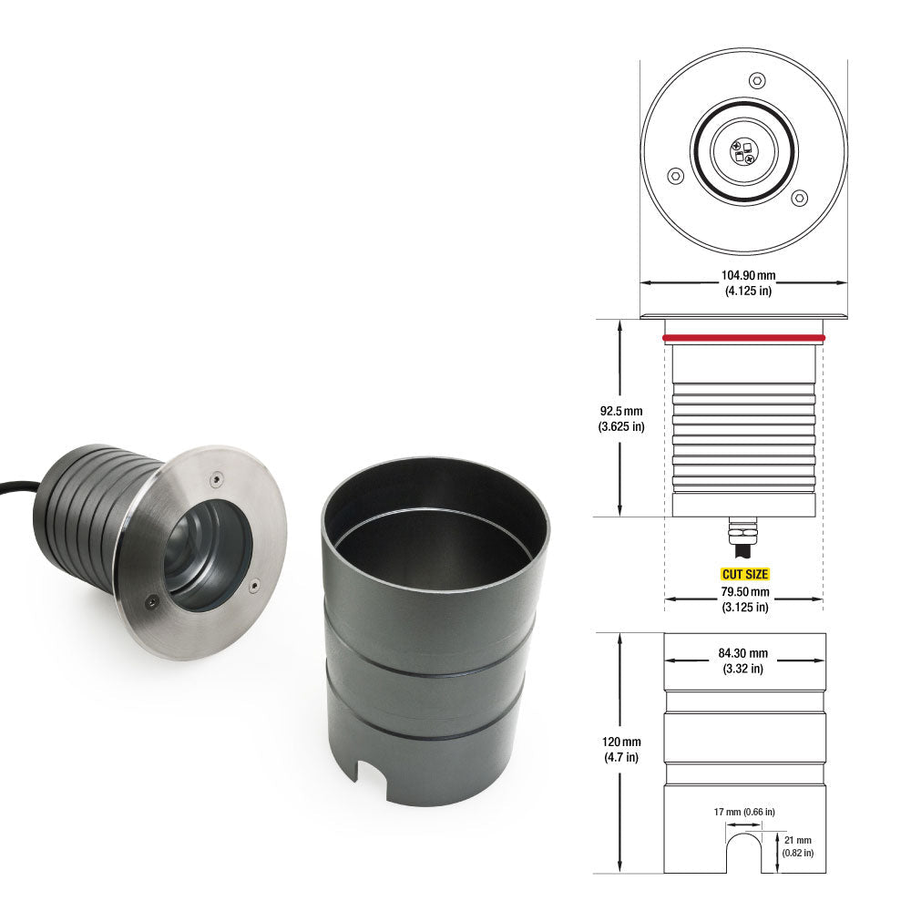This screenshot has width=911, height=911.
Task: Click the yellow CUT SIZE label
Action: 744,575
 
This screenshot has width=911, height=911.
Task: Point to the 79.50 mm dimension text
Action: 744,591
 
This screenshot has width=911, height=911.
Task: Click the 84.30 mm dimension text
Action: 744,652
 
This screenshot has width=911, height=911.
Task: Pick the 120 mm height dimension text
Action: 621,742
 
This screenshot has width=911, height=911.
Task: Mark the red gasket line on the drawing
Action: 744,338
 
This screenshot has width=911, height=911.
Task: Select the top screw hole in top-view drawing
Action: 755,81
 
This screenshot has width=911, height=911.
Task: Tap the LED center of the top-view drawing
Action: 743,150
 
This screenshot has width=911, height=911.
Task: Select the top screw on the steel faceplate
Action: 215,475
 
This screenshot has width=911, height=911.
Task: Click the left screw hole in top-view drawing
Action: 675,176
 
